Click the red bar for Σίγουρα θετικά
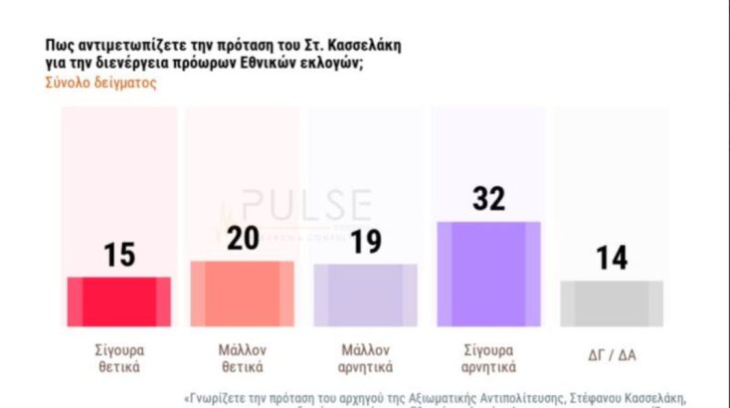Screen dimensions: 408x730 pyautogui.click(x=118, y=302)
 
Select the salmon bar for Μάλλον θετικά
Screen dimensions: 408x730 pyautogui.click(x=242, y=294)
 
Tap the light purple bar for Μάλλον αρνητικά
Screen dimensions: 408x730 pyautogui.click(x=365, y=296)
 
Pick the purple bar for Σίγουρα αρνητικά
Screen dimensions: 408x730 pyautogui.click(x=488, y=274)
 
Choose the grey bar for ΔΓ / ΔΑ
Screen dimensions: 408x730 pyautogui.click(x=612, y=304)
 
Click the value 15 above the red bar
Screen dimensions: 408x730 pyautogui.click(x=118, y=255)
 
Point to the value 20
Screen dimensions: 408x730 pyautogui.click(x=242, y=239)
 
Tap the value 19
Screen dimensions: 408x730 pyautogui.click(x=365, y=242)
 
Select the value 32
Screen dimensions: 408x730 pyautogui.click(x=488, y=199)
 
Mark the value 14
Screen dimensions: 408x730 pyautogui.click(x=612, y=258)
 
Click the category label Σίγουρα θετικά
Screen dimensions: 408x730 pyautogui.click(x=118, y=358)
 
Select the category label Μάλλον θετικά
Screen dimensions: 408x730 pyautogui.click(x=242, y=358)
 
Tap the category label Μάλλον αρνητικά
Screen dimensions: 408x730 pyautogui.click(x=365, y=358)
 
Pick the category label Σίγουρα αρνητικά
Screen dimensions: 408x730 pyautogui.click(x=488, y=358)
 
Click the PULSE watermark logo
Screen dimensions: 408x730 pyautogui.click(x=298, y=208)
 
